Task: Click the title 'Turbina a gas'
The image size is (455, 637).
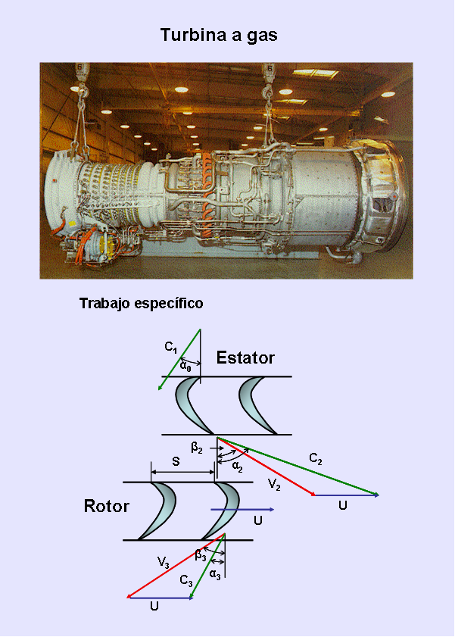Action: tap(219, 36)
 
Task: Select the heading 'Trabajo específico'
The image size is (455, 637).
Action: tap(142, 304)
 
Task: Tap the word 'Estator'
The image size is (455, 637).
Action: tap(245, 358)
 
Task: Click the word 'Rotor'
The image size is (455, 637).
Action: tap(106, 506)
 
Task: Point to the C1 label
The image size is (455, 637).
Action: tap(171, 348)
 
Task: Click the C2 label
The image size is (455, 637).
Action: tap(316, 459)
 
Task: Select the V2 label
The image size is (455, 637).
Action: tap(274, 484)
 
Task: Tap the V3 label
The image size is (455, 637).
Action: tap(164, 562)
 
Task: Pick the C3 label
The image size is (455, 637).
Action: tap(186, 580)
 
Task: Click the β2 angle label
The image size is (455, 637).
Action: tap(197, 448)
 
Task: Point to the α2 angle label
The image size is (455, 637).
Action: tap(238, 467)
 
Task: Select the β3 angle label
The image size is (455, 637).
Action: tap(201, 555)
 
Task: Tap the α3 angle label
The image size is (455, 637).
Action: tap(215, 575)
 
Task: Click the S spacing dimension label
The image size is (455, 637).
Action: tap(176, 461)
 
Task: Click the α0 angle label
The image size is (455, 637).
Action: tap(185, 367)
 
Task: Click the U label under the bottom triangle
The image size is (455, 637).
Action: tap(154, 606)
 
